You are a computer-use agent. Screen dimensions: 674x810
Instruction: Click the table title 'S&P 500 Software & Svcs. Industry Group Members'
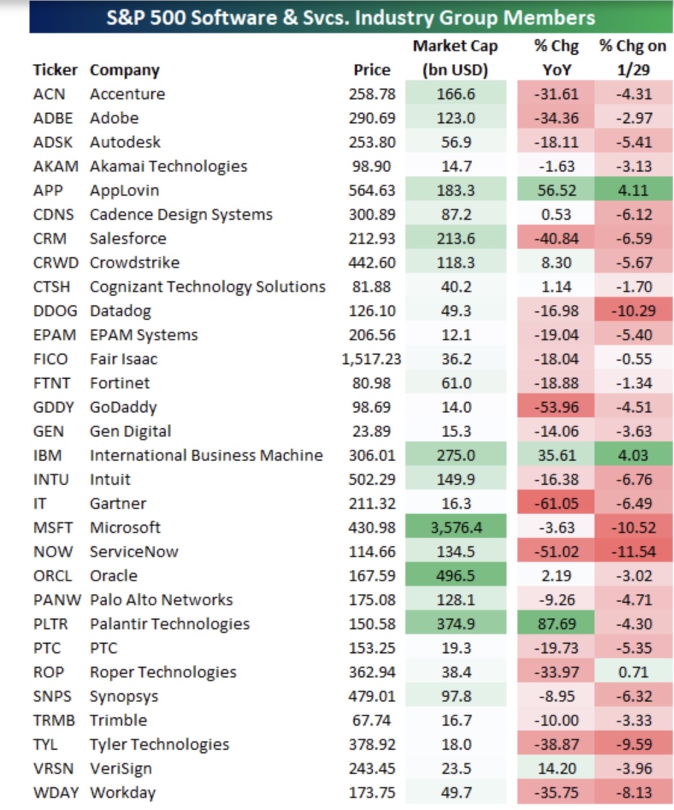pyautogui.click(x=351, y=18)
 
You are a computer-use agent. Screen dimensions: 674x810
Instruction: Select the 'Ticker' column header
pyautogui.click(x=55, y=70)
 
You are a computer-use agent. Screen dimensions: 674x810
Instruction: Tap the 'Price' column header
pyautogui.click(x=372, y=70)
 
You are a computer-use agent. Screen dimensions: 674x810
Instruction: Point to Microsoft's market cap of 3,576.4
pyautogui.click(x=457, y=528)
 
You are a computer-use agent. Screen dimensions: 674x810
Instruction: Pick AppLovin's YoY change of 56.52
pyautogui.click(x=557, y=190)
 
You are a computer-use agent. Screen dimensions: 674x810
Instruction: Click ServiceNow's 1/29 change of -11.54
pyautogui.click(x=634, y=552)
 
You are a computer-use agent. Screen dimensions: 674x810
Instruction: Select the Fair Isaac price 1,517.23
pyautogui.click(x=372, y=359)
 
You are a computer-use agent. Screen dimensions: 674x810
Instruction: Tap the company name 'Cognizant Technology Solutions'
pyautogui.click(x=208, y=287)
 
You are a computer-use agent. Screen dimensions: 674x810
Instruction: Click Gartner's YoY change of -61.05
pyautogui.click(x=557, y=503)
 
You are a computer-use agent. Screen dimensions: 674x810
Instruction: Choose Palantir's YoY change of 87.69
pyautogui.click(x=557, y=624)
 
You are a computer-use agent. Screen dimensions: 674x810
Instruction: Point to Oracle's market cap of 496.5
pyautogui.click(x=455, y=576)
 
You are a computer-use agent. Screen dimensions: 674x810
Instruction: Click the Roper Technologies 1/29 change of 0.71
pyautogui.click(x=634, y=672)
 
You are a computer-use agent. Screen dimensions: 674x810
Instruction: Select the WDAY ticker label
pyautogui.click(x=56, y=792)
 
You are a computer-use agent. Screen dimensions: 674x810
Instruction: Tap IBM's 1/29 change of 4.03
pyautogui.click(x=633, y=455)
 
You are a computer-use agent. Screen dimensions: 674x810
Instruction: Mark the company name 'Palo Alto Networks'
pyautogui.click(x=161, y=600)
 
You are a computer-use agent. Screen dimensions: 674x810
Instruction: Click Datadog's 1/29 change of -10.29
pyautogui.click(x=634, y=311)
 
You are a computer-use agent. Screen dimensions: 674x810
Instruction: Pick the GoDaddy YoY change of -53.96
pyautogui.click(x=557, y=407)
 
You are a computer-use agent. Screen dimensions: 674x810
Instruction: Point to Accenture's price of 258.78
pyautogui.click(x=372, y=95)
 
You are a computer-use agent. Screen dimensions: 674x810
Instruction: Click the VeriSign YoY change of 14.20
pyautogui.click(x=557, y=768)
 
